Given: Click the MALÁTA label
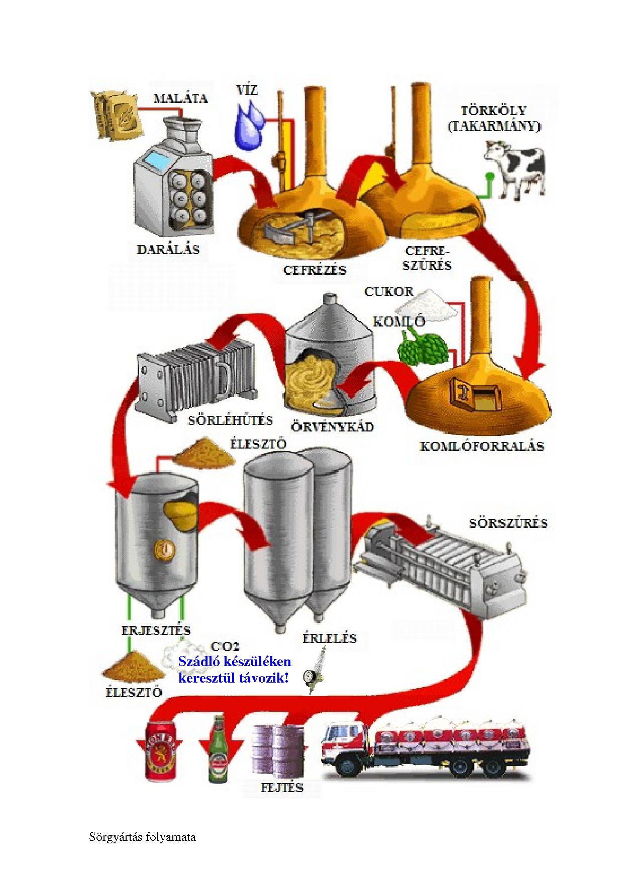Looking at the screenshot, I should [x=180, y=97].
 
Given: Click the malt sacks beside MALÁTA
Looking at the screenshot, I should [x=116, y=115].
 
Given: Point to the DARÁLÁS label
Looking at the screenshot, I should [x=168, y=250].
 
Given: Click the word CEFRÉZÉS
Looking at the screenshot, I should [x=315, y=270].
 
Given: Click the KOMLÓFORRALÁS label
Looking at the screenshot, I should [x=481, y=446].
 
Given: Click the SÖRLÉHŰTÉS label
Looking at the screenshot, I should [x=230, y=420].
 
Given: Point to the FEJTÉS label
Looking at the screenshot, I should [x=282, y=787].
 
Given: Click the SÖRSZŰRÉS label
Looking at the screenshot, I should [x=508, y=523].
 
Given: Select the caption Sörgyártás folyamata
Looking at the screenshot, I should [x=143, y=837].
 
